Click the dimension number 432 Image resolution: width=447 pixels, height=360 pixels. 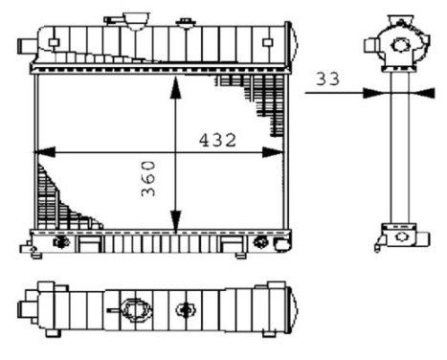[218, 139]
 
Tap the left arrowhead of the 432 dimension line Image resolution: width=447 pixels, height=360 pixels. [40, 152]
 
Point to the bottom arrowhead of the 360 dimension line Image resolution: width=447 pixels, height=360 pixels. [174, 226]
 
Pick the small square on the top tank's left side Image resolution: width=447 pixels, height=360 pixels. [56, 41]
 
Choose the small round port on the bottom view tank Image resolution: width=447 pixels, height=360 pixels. [186, 310]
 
